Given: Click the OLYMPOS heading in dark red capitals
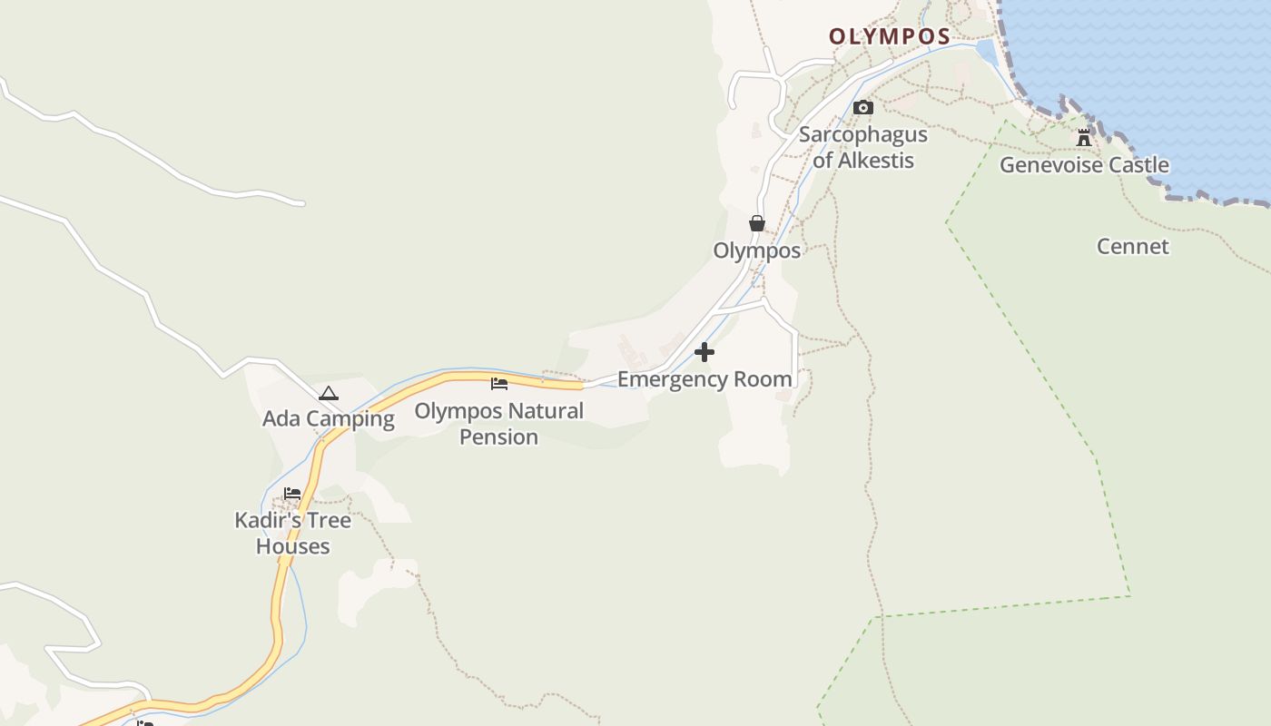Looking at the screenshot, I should coord(889,37).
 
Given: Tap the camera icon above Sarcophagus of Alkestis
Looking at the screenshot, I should coord(863,108).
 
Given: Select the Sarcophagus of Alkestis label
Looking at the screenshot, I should coord(862,147).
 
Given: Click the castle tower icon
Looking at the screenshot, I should coord(1084,138).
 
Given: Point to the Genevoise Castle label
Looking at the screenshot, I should coord(1084,165).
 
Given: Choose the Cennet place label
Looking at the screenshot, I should coord(1132,246).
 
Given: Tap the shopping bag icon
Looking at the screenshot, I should coord(757,223).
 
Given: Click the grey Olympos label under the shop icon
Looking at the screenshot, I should coord(756,250).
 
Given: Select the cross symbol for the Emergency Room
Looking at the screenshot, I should coord(704,352).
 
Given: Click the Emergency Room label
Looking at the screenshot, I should coord(704,378).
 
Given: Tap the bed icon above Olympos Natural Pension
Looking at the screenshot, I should coord(498,384).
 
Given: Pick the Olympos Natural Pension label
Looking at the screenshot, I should coord(498,424).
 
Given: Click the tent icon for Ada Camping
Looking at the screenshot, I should coord(329,393).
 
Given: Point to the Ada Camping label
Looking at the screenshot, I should coord(329,418).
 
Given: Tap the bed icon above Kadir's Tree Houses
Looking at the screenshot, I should coord(292,494).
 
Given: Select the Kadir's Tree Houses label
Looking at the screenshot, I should coord(292,533).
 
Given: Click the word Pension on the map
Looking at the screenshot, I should coord(498,437).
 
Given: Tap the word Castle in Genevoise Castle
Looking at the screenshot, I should coord(1135,165).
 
